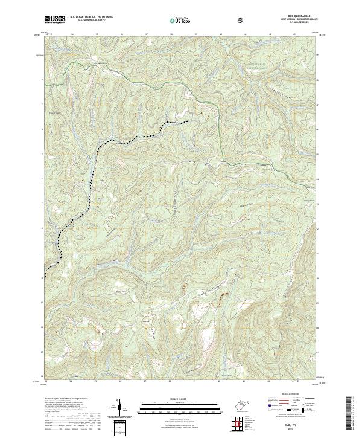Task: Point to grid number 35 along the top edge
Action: [x=97, y=34]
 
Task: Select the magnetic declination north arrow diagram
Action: [x=121, y=408]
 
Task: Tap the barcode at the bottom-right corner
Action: [x=349, y=414]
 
